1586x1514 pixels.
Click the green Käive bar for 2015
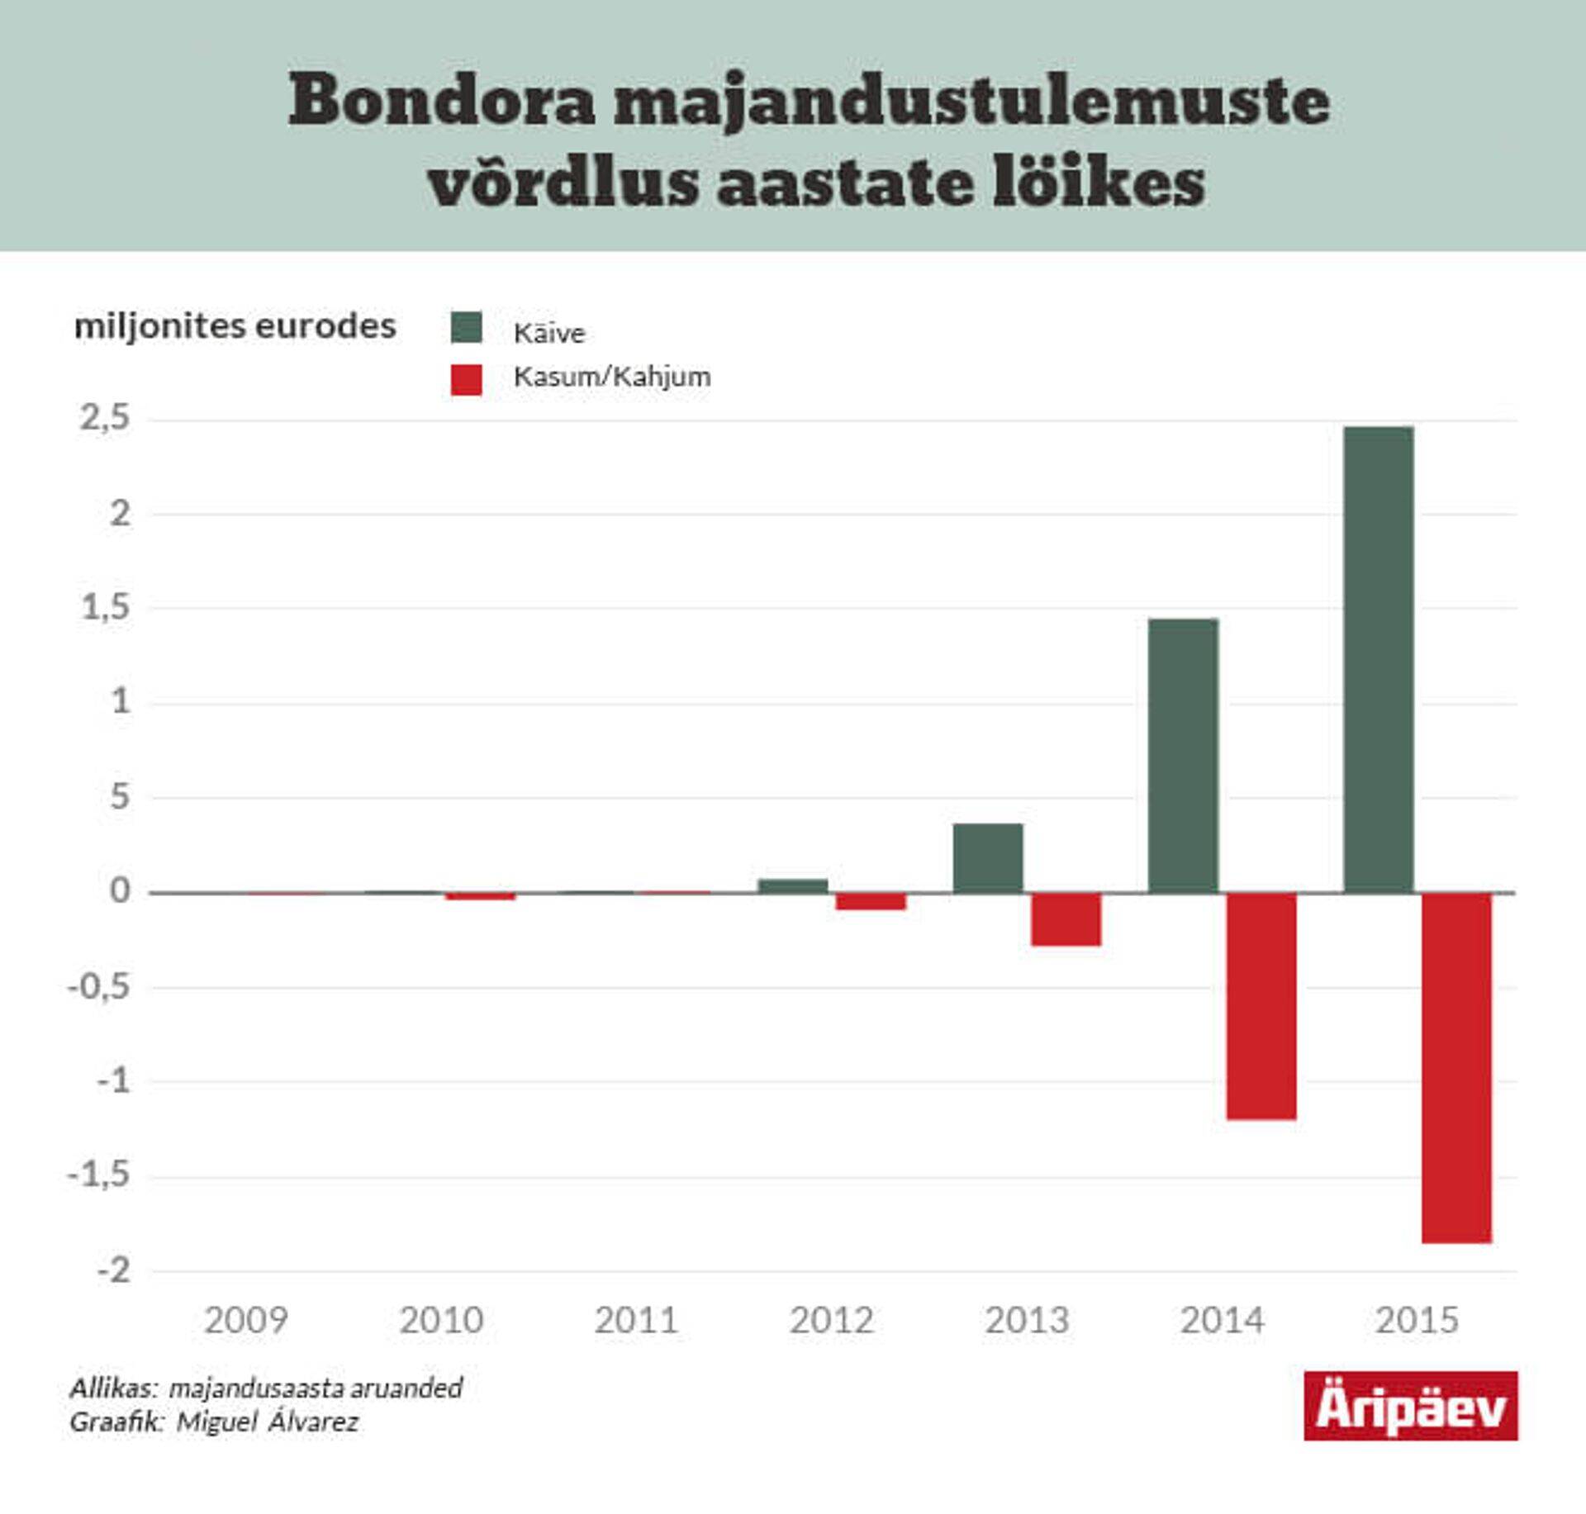coord(1378,659)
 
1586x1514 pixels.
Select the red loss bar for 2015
coord(1456,1067)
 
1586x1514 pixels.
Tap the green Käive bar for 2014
coord(1183,755)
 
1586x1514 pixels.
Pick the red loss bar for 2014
coord(1261,1005)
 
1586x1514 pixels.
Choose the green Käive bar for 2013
coord(988,857)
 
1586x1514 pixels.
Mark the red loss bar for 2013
coord(1066,918)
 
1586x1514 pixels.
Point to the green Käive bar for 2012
coord(793,885)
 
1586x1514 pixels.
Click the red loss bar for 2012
coord(871,901)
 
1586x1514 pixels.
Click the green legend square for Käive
coord(466,327)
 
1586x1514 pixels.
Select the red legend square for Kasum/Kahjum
coord(466,379)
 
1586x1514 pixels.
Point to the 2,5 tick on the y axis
coord(105,418)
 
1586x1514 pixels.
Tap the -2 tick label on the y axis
coord(114,1270)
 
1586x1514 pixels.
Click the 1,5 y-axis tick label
coord(105,608)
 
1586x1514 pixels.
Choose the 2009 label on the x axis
coord(245,1320)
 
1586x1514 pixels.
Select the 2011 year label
coord(636,1320)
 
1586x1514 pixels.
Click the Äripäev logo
coord(1410,1406)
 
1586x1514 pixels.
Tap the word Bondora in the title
coord(441,101)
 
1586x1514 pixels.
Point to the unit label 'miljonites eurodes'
coord(235,326)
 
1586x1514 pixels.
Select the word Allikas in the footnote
coord(112,1388)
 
